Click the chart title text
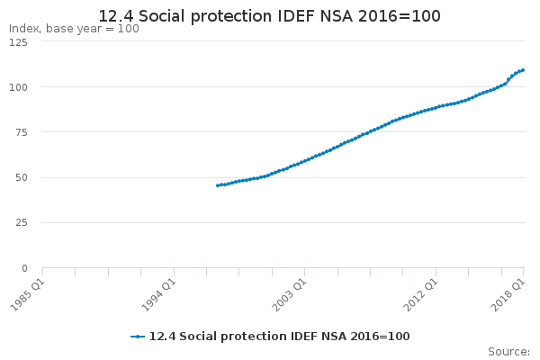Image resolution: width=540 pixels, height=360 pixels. click(x=270, y=16)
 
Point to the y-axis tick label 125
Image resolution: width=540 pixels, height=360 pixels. click(x=20, y=41)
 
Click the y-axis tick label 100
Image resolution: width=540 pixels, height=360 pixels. click(x=20, y=86)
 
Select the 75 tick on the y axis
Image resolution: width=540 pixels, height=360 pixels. click(x=22, y=132)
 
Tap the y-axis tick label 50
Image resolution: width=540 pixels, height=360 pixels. click(x=22, y=177)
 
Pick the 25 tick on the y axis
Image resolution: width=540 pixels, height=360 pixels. click(x=22, y=222)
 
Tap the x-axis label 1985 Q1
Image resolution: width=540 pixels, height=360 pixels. click(x=28, y=293)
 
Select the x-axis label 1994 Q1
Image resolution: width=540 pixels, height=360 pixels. click(x=159, y=293)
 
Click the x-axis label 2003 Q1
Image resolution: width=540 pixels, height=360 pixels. click(x=291, y=293)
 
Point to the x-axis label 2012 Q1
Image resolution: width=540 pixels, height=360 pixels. click(x=422, y=293)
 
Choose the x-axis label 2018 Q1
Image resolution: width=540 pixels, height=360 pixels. click(x=509, y=293)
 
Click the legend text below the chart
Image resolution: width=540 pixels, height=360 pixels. click(x=279, y=336)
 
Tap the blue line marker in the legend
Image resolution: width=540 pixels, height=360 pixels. click(x=138, y=336)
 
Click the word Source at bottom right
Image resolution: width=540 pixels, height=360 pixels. click(x=508, y=351)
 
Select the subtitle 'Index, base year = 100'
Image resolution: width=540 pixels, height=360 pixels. click(x=74, y=29)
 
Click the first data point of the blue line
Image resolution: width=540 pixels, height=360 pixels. click(x=218, y=185)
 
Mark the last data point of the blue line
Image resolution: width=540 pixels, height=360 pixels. click(x=523, y=70)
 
